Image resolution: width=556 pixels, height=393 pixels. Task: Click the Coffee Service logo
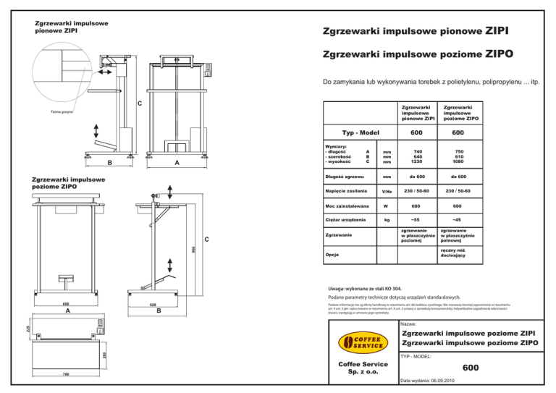coord(357,341)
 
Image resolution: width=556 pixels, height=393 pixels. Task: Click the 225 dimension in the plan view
coord(28,329)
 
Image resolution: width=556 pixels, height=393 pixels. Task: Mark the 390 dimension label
coord(104,354)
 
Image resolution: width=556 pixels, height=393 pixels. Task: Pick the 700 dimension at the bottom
coord(65,374)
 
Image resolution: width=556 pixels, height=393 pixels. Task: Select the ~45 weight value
coord(457,219)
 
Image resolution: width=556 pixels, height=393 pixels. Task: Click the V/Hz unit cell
coord(387,192)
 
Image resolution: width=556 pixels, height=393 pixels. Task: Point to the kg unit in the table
coord(387,219)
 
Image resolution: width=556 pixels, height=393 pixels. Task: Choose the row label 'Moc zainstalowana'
coord(345,205)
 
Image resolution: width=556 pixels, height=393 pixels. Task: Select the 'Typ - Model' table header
coord(361,133)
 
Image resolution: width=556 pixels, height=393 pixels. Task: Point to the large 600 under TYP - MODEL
coord(471,368)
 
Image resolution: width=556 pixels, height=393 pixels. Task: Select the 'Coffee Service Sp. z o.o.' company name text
coord(357,367)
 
